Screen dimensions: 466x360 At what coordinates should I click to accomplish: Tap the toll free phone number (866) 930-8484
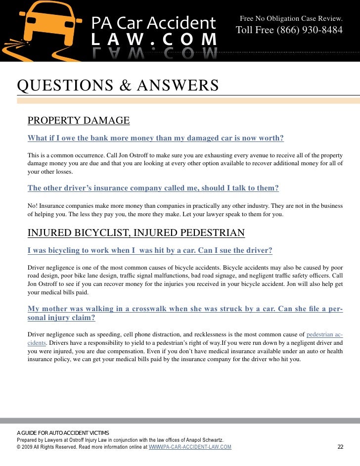[x=289, y=30]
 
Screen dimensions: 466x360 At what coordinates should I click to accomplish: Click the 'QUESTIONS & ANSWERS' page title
[x=118, y=86]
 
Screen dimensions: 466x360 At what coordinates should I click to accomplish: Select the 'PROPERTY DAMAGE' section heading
[x=79, y=121]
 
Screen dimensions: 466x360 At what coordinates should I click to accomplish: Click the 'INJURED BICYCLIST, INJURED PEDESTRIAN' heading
[x=136, y=233]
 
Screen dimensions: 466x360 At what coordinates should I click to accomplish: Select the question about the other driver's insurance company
[x=153, y=188]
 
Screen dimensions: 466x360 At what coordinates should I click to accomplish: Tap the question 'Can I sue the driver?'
[x=150, y=251]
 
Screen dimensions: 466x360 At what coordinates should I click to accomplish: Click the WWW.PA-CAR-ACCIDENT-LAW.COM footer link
[x=190, y=447]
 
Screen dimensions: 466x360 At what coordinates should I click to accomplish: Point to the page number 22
[x=340, y=447]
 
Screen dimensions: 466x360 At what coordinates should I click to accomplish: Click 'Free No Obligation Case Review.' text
[x=291, y=18]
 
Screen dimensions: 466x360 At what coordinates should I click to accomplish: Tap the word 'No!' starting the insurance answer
[x=33, y=205]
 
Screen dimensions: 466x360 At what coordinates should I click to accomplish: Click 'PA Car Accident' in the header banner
[x=153, y=23]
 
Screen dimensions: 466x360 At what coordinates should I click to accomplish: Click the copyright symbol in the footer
[x=19, y=447]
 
